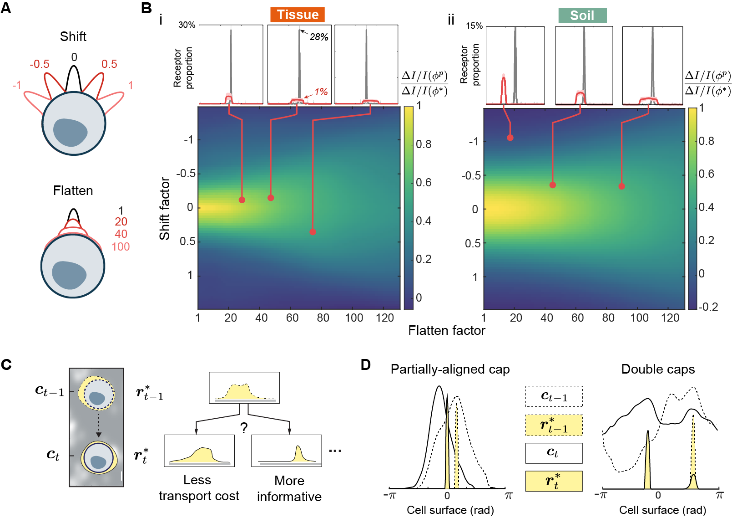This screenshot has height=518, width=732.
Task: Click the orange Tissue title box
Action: coord(298,15)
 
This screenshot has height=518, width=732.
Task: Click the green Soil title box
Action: coord(582,15)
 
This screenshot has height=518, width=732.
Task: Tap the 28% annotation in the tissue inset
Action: coord(319,37)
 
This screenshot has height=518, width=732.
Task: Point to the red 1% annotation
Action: coord(321,92)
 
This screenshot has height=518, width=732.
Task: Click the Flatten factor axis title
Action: coord(446,330)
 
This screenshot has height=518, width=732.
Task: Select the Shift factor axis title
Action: coord(165,208)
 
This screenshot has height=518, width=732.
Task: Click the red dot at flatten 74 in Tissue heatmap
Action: coord(313,232)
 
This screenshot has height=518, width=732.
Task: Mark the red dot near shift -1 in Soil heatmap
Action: coord(510,138)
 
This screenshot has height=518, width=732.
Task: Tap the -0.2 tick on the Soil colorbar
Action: coord(708,307)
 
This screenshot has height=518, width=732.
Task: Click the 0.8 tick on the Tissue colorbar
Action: coord(424,144)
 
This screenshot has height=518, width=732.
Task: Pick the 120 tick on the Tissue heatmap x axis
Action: coord(385,318)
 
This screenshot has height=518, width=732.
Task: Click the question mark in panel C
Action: coord(244,428)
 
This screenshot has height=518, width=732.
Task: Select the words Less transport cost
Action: coord(199,488)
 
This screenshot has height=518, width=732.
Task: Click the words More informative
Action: coord(289,488)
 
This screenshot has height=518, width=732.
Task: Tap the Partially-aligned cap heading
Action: coord(450,369)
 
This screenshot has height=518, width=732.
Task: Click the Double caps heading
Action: coord(658,369)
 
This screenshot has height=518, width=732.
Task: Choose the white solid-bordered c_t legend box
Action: coord(554,453)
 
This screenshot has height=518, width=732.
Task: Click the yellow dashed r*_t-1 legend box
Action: coord(554,425)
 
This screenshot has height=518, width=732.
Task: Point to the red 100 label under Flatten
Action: coord(121,246)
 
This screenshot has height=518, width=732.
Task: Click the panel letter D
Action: coord(365,364)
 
